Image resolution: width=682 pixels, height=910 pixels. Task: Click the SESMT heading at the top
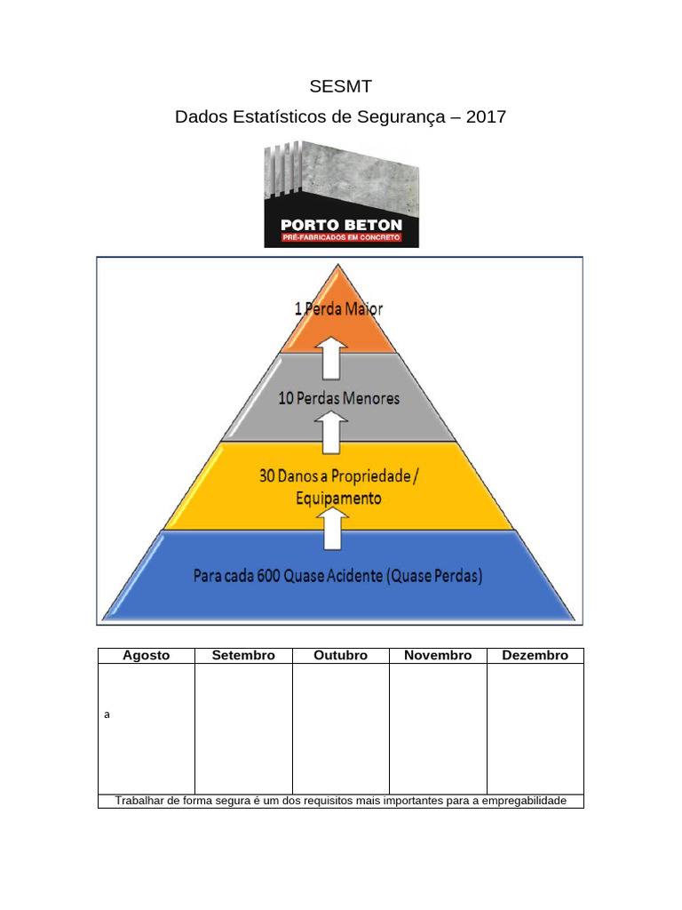coord(340,87)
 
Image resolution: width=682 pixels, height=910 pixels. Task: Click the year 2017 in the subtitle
coord(485,116)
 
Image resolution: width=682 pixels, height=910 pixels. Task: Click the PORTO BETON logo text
coord(341,225)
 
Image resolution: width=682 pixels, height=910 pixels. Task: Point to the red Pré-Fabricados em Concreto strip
coord(341,239)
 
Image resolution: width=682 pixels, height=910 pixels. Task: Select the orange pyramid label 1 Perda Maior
coord(338,309)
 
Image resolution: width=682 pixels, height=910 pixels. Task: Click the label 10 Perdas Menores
coord(338,398)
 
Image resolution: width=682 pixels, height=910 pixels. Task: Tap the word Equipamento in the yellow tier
coord(338,499)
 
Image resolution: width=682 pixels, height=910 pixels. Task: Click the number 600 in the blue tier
coord(269,576)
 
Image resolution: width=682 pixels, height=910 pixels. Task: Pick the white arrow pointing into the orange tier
coord(333,356)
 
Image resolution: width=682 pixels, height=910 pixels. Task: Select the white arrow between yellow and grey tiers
coord(333,433)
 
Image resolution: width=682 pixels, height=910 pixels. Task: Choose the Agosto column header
coord(146,656)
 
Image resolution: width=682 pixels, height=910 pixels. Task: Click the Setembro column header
coord(243,656)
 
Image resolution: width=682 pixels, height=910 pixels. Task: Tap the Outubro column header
coord(340,656)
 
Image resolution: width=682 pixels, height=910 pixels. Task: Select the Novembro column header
coord(438,656)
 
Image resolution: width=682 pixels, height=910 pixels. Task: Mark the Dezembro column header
coord(535,656)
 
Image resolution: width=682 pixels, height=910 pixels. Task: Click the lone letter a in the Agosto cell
coord(107,714)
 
